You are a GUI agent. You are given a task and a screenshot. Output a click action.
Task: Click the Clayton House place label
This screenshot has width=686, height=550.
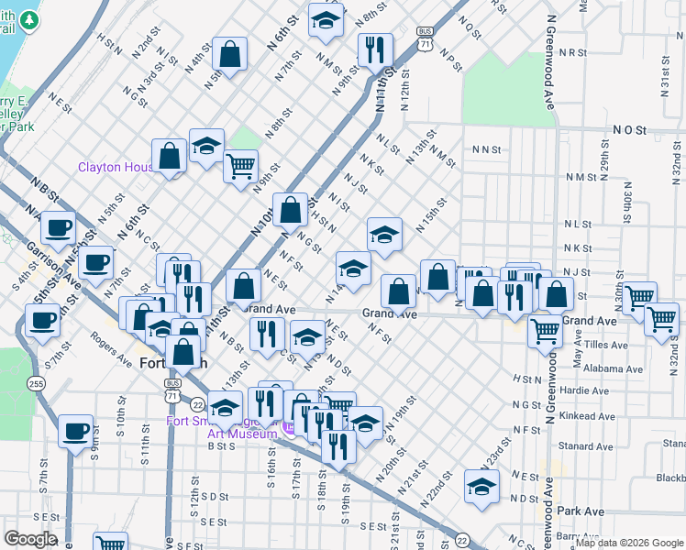115,167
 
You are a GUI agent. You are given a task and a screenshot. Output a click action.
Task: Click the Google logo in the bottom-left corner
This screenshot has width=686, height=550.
29,539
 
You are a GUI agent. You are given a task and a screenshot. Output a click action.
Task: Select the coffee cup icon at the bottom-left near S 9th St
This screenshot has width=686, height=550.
75,430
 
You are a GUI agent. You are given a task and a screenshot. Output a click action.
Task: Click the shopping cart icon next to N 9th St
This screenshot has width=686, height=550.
240,167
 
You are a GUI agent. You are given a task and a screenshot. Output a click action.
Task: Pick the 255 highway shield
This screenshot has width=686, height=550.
37,382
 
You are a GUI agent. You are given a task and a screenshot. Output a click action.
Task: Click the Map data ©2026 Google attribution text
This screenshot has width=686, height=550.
629,543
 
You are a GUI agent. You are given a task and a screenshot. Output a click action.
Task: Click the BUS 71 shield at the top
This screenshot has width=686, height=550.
424,38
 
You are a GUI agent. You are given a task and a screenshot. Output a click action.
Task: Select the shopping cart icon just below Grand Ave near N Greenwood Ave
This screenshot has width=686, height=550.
546,328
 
